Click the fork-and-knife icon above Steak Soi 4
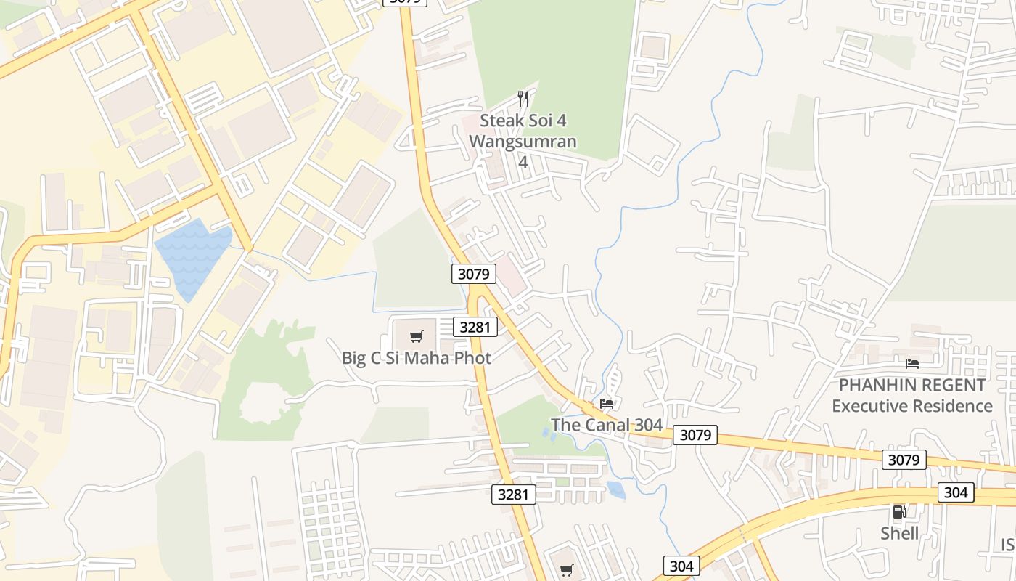(523, 98)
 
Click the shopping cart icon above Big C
(416, 336)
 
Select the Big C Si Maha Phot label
(416, 358)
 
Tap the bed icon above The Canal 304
(607, 403)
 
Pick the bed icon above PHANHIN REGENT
(912, 363)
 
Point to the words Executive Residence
(912, 406)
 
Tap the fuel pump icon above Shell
(899, 512)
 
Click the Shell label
(899, 534)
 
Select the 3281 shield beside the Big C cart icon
(475, 327)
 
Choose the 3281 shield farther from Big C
(514, 495)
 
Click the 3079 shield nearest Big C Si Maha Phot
(474, 274)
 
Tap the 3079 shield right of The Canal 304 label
(695, 435)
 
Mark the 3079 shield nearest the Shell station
(904, 460)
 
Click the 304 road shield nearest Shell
(956, 492)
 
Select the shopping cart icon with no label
(567, 570)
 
